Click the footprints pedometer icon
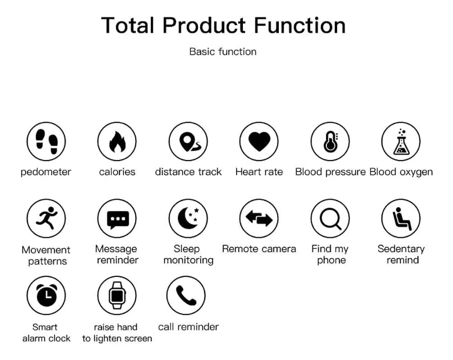46,142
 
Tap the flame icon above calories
117,142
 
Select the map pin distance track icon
188,142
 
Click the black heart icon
259,142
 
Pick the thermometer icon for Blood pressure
330,142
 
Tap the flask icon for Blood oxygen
401,142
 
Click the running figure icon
46,218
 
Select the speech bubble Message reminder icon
117,218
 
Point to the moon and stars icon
188,218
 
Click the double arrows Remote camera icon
259,218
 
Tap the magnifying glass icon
330,218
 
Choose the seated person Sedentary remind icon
401,218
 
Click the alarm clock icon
46,295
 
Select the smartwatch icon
117,295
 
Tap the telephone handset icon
186,295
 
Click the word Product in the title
204,25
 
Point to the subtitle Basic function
223,52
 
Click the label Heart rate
259,172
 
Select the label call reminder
189,327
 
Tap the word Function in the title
300,25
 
